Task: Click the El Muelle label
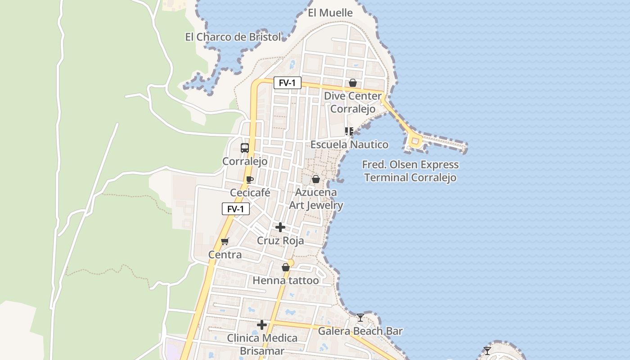[330, 13]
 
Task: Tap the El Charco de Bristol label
[233, 37]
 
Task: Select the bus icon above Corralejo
[245, 148]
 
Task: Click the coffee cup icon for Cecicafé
[250, 180]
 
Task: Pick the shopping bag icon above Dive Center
[353, 83]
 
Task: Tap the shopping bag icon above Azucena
[316, 179]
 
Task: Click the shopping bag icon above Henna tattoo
[285, 268]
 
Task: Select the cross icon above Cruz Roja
[280, 227]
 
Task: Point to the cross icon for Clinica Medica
[262, 325]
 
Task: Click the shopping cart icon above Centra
[225, 241]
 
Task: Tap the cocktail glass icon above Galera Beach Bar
[360, 318]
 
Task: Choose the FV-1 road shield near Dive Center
[287, 83]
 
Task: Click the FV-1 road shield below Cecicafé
[236, 209]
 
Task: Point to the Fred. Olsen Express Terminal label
[410, 171]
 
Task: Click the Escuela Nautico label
[349, 144]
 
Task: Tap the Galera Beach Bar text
[360, 331]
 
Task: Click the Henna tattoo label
[285, 281]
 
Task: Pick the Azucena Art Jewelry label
[316, 199]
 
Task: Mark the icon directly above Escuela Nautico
[349, 131]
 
